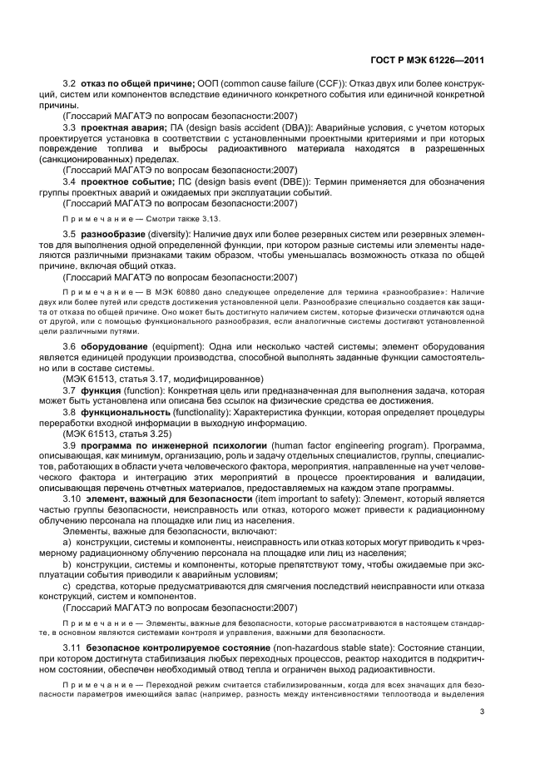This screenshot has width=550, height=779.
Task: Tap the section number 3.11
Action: pos(73,647)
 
